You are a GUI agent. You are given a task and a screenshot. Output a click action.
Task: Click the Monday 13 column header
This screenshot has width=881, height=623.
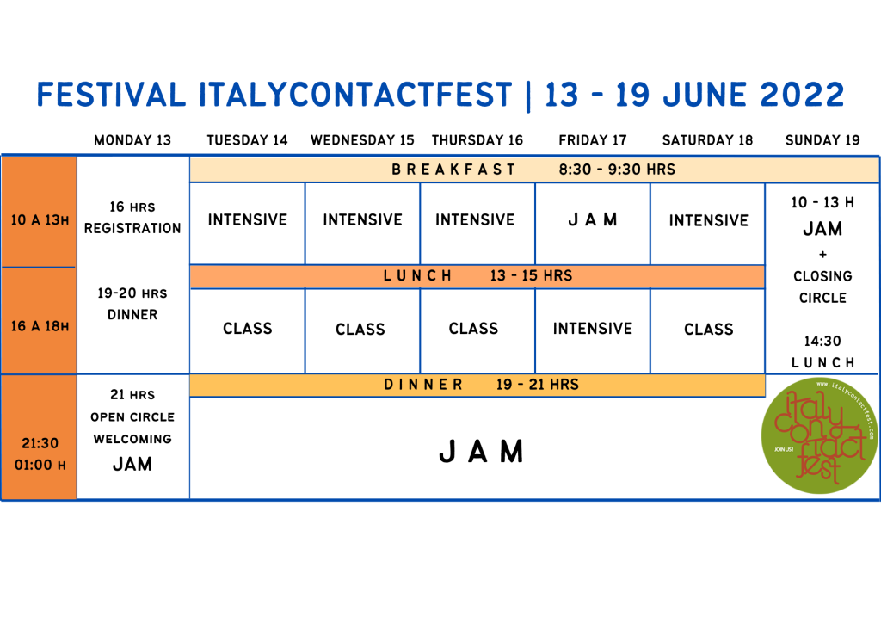point(132,140)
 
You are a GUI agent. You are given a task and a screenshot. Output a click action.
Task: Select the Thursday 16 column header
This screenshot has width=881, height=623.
point(477,140)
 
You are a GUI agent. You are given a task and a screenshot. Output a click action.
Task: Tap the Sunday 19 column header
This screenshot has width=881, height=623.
point(822,140)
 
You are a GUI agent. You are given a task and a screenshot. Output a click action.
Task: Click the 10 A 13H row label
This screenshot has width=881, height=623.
point(40,220)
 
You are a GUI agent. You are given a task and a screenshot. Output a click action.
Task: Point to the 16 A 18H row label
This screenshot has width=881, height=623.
point(40,326)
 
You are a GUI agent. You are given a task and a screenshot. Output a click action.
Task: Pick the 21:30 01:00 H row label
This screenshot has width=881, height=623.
point(40,453)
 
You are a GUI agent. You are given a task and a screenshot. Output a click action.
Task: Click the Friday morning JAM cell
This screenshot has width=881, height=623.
point(593,219)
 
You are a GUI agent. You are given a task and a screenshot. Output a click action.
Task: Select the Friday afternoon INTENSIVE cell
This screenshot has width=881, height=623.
point(593,329)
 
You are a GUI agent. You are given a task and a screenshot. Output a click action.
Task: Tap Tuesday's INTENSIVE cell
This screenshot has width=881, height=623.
point(247,219)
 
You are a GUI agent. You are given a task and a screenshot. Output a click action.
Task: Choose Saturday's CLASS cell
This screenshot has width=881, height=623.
point(709,330)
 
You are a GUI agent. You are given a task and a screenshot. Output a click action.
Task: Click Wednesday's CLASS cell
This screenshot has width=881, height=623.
point(360,330)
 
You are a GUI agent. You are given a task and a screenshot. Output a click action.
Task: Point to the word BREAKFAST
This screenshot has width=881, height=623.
point(453,170)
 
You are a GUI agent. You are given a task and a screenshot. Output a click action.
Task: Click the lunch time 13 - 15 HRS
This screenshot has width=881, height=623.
point(531,276)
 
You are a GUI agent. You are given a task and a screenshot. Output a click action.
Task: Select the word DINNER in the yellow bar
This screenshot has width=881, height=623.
point(423,385)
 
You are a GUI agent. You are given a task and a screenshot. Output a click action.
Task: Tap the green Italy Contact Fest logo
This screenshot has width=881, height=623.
point(820,436)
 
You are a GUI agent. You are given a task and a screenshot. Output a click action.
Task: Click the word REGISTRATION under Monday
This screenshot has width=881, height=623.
point(132,229)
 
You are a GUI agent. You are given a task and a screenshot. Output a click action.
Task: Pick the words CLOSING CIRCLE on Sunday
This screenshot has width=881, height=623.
point(822,287)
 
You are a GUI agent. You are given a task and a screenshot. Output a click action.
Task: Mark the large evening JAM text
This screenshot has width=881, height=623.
point(481,452)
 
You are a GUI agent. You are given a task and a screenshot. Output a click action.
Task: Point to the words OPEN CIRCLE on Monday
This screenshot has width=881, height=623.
point(132,417)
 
